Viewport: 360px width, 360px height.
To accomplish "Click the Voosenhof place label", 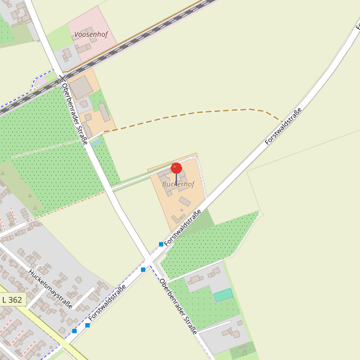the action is [x=91, y=34].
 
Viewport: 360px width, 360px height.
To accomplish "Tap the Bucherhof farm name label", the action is [x=178, y=184].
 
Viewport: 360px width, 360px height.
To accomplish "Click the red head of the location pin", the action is [x=176, y=168].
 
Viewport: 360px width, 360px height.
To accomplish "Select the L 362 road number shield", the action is [x=12, y=299].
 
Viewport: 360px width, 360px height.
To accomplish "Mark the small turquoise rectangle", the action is [x=223, y=295].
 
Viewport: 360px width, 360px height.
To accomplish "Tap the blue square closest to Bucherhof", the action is [x=161, y=244].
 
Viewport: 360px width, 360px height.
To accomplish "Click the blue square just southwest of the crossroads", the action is [x=143, y=269].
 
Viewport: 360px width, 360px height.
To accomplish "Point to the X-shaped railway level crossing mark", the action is [x=61, y=77].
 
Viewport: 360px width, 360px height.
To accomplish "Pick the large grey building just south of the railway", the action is [x=81, y=87].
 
